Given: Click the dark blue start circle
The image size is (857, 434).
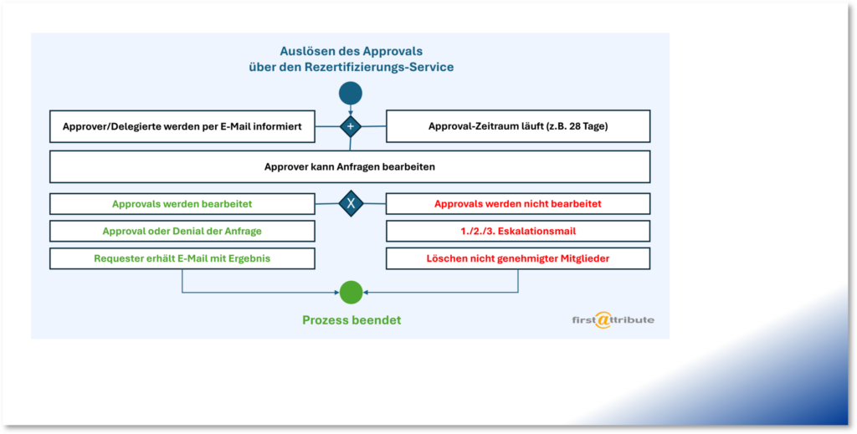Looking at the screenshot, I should click(x=351, y=93).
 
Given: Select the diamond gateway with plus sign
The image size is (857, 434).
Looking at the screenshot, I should click(x=351, y=127).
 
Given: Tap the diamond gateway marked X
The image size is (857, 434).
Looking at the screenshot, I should click(x=351, y=203).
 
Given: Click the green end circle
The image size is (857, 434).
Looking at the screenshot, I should click(x=351, y=292).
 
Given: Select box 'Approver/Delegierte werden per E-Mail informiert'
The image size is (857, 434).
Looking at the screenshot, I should click(x=182, y=127).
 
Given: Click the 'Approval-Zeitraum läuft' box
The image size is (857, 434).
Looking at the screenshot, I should click(x=517, y=127).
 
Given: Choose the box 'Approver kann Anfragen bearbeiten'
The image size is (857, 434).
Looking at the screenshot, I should click(x=350, y=166).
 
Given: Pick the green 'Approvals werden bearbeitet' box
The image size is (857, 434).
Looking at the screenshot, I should click(x=182, y=203).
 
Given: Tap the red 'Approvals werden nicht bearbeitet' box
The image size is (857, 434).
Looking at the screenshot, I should click(x=517, y=203).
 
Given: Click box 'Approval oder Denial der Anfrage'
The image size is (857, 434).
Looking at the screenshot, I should click(x=182, y=231).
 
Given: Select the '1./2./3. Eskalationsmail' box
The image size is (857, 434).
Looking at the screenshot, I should click(x=517, y=231).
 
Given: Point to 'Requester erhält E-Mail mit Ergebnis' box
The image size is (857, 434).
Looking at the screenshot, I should click(x=182, y=258).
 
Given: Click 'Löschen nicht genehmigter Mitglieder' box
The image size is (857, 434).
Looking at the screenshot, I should click(x=517, y=258).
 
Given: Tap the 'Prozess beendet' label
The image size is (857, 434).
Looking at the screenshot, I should click(x=352, y=320).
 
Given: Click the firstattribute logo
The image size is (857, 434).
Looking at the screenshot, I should click(x=613, y=319).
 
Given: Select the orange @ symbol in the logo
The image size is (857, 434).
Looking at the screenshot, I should click(x=603, y=320).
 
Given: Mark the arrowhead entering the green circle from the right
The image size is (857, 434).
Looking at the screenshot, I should click(x=367, y=292).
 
